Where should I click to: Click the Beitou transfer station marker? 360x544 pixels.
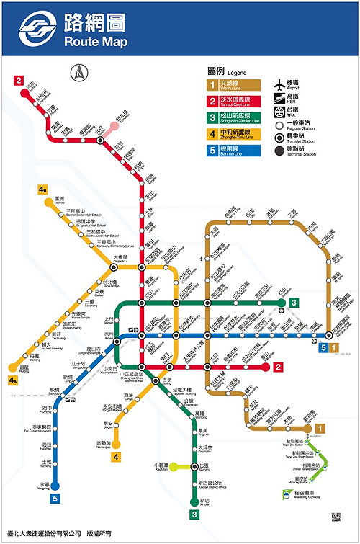pos(101,140)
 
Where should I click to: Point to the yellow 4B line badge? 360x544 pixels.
pos(43,190)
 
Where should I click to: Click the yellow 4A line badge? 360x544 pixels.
pos(13,380)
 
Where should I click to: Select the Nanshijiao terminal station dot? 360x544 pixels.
pos(115,444)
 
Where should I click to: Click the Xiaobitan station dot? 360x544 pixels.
pos(172,467)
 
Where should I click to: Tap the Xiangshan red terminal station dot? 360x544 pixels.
pos(262,367)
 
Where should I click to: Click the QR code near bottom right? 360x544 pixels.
pos(336,517)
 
